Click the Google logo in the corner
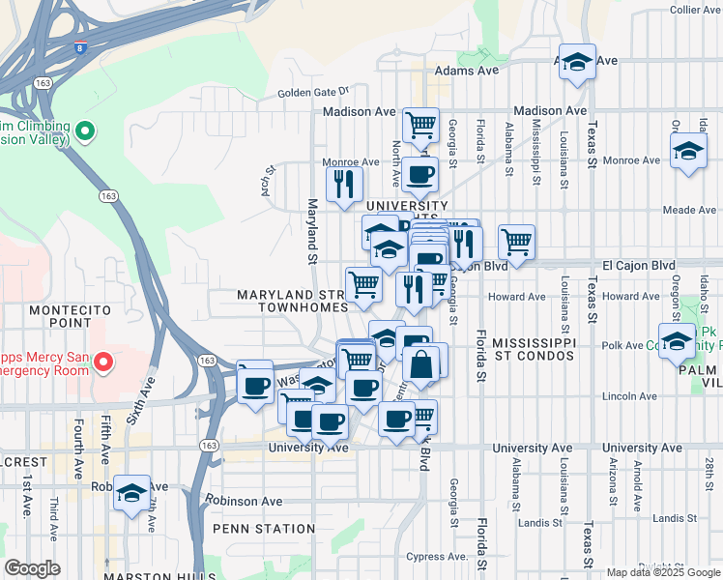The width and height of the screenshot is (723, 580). tap(32, 568)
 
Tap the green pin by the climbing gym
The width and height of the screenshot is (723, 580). tap(84, 130)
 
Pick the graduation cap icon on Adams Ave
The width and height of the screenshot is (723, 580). tap(577, 63)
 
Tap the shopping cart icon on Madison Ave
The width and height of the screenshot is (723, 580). tap(420, 124)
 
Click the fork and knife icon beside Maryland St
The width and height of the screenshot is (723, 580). tap(344, 184)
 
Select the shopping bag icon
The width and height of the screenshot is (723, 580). tap(421, 365)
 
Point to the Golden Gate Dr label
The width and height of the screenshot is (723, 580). tap(313, 92)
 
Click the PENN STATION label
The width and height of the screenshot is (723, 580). tap(264, 529)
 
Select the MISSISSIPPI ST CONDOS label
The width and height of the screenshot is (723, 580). tap(534, 351)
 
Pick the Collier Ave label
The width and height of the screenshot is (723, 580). tap(695, 10)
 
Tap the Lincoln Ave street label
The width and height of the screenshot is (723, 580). tap(629, 396)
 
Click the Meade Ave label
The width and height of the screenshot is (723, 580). tap(689, 210)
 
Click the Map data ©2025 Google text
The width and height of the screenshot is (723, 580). tap(662, 572)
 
